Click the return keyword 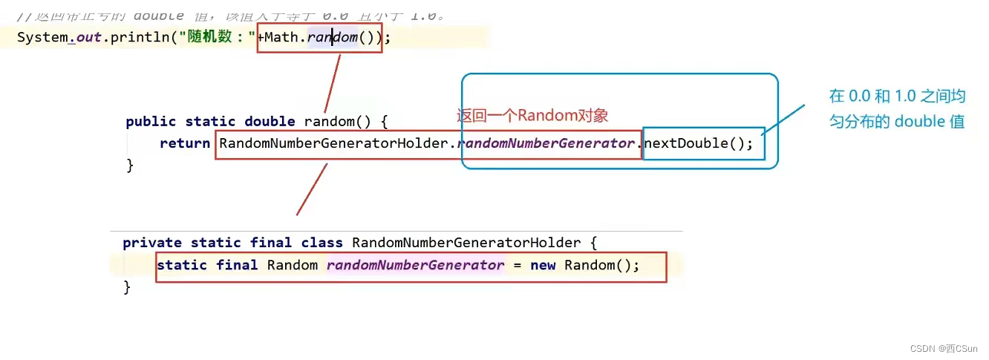click(x=185, y=144)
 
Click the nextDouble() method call click(x=698, y=144)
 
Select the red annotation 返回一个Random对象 click(x=532, y=116)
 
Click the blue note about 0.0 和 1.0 click(x=897, y=108)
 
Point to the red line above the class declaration click(x=312, y=189)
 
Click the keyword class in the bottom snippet click(x=321, y=243)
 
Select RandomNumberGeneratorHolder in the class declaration click(x=466, y=243)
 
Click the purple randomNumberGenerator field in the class click(x=415, y=266)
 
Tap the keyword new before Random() click(x=543, y=266)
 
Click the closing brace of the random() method click(x=130, y=165)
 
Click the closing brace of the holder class click(x=127, y=287)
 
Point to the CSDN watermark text click(x=944, y=348)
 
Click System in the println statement click(x=42, y=37)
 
